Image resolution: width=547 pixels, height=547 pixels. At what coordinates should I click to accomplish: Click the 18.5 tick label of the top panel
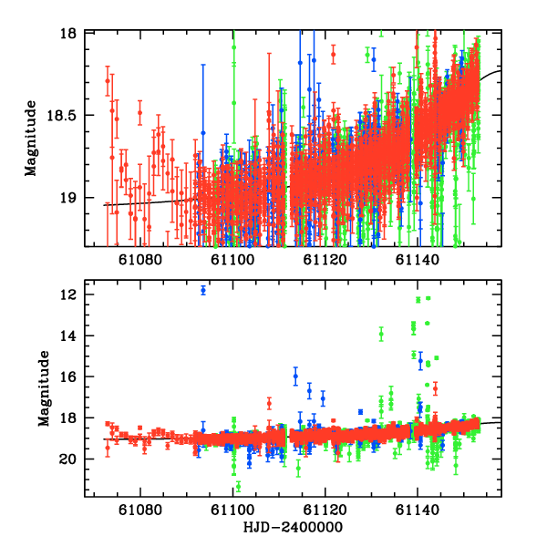click(x=67, y=116)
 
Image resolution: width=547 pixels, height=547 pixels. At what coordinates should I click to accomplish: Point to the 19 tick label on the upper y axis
click(x=72, y=198)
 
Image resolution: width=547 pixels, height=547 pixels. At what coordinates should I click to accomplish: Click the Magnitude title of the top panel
click(x=31, y=139)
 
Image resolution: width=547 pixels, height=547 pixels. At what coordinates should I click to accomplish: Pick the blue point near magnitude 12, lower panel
click(x=203, y=290)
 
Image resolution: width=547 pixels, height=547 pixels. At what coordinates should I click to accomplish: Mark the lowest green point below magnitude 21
click(x=238, y=486)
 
